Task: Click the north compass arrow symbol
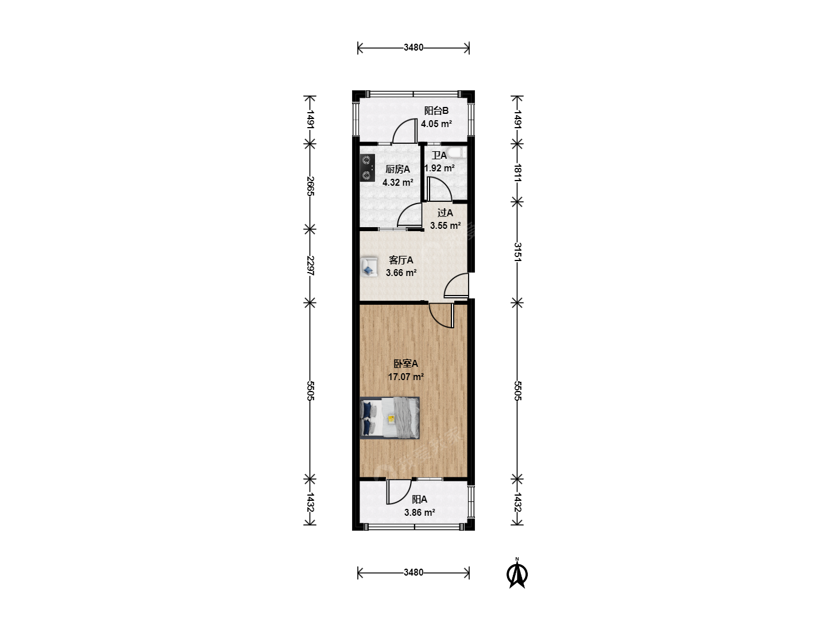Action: [x=517, y=574]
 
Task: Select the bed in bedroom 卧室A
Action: [x=389, y=418]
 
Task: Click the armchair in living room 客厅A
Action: [x=369, y=267]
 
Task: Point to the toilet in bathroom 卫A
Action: [x=456, y=152]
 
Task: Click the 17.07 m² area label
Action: [x=406, y=377]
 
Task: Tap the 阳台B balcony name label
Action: [x=436, y=111]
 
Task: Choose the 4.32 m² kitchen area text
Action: [x=398, y=182]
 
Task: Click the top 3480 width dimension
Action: [x=413, y=48]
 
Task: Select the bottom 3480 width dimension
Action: [x=413, y=572]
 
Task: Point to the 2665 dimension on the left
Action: [x=310, y=186]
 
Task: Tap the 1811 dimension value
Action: [x=517, y=173]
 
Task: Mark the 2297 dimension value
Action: [x=310, y=266]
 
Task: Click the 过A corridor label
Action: [x=445, y=213]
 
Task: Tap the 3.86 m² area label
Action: [x=420, y=512]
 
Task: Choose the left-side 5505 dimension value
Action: [x=310, y=390]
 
